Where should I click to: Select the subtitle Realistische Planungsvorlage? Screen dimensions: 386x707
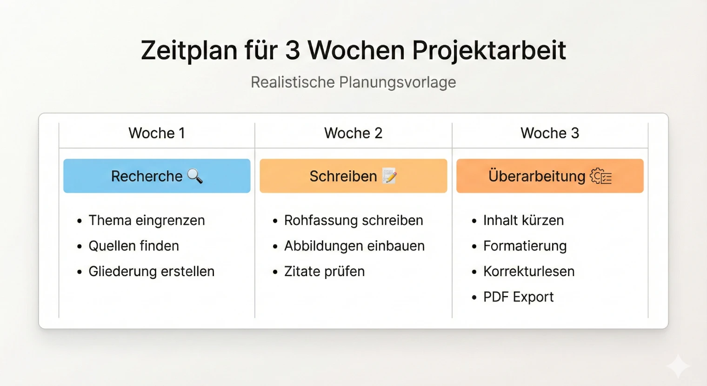[353, 82]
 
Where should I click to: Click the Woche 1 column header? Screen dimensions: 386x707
[157, 133]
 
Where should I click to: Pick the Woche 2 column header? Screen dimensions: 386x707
[353, 133]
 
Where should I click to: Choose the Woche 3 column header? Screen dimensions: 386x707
[550, 133]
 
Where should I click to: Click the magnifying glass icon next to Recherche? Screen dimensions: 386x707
[195, 176]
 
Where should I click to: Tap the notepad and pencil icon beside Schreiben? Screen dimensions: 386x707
[389, 176]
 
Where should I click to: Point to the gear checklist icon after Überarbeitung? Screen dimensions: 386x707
[601, 176]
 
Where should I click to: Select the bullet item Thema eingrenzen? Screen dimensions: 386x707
[147, 220]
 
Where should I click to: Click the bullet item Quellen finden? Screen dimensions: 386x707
[133, 246]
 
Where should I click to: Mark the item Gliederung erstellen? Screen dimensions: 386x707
[151, 271]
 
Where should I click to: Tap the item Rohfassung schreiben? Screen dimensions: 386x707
[353, 220]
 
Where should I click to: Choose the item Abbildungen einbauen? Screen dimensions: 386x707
[354, 246]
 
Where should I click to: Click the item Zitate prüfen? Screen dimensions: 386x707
[324, 271]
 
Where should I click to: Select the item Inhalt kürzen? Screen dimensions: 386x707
[523, 220]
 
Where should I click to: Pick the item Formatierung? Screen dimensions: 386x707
[525, 246]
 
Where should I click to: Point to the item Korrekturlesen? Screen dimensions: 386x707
[529, 271]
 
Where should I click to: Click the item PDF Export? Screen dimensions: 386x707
[518, 297]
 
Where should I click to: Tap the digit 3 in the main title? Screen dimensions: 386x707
[293, 50]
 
